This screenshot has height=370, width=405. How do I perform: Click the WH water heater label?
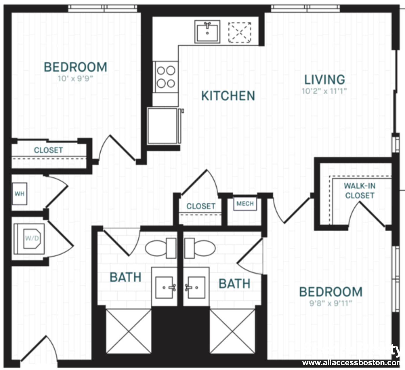(19, 194)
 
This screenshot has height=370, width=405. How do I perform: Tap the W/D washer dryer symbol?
(30, 239)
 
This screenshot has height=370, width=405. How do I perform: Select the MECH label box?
(245, 204)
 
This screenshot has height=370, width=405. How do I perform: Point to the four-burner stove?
(166, 77)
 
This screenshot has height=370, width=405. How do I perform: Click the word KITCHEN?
(228, 96)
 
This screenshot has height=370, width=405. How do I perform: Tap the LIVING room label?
(325, 80)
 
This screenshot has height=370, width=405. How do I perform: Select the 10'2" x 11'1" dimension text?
(324, 91)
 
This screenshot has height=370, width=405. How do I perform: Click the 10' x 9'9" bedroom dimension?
(75, 78)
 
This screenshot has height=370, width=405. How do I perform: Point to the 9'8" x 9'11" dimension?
(331, 303)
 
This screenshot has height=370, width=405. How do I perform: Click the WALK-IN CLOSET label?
(360, 191)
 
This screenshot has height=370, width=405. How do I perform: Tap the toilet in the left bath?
(160, 248)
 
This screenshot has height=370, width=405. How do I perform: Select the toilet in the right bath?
(200, 248)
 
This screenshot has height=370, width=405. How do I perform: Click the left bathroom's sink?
(164, 287)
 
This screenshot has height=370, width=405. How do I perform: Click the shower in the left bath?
(128, 331)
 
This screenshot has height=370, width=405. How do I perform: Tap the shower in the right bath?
(232, 331)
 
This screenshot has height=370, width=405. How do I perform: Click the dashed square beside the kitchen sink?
(240, 32)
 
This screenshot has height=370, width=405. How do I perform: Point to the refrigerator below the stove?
(163, 126)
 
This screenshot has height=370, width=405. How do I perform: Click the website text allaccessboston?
(351, 363)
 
